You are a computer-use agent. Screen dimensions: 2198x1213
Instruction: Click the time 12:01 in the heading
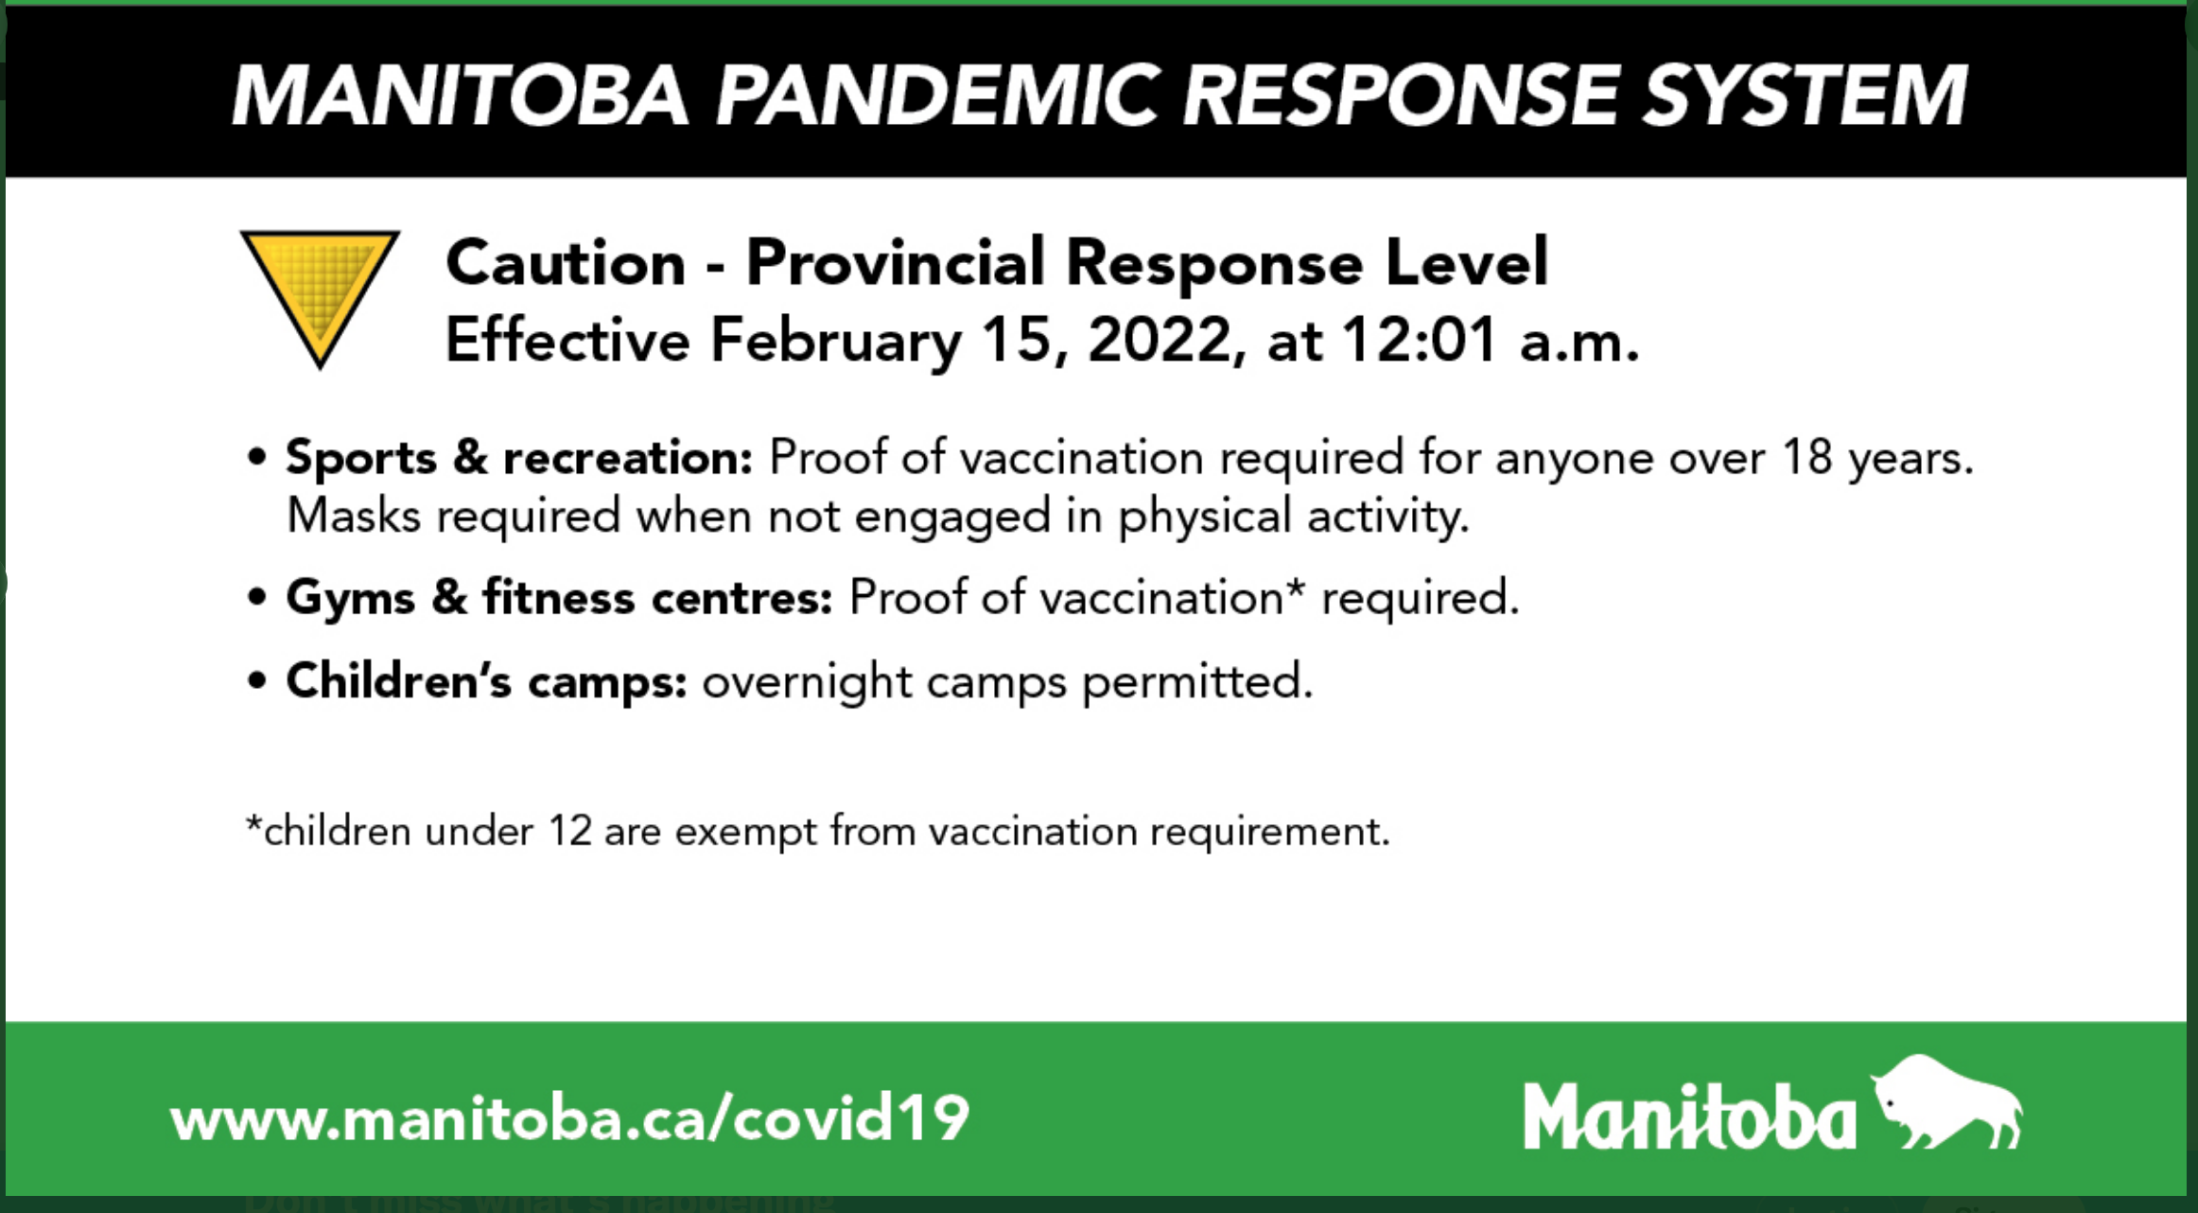(x=1419, y=340)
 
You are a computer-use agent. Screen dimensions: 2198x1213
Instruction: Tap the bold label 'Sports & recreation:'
(x=519, y=458)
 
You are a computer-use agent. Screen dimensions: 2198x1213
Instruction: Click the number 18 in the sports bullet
(x=1807, y=458)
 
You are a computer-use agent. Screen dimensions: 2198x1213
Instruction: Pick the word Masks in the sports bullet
(x=354, y=517)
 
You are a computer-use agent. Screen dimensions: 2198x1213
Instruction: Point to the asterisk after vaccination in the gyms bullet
(x=1295, y=588)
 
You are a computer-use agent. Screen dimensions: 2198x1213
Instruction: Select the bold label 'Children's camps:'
(x=486, y=682)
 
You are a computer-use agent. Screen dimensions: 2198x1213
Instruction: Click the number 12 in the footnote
(x=570, y=832)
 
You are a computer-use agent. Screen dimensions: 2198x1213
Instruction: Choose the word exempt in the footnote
(x=745, y=834)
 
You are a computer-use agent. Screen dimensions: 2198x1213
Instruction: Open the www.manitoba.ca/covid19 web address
(x=570, y=1117)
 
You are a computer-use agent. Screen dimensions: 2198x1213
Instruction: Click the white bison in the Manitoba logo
(x=1945, y=1102)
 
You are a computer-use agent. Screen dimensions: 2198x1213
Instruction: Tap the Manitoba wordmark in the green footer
(x=1689, y=1116)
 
